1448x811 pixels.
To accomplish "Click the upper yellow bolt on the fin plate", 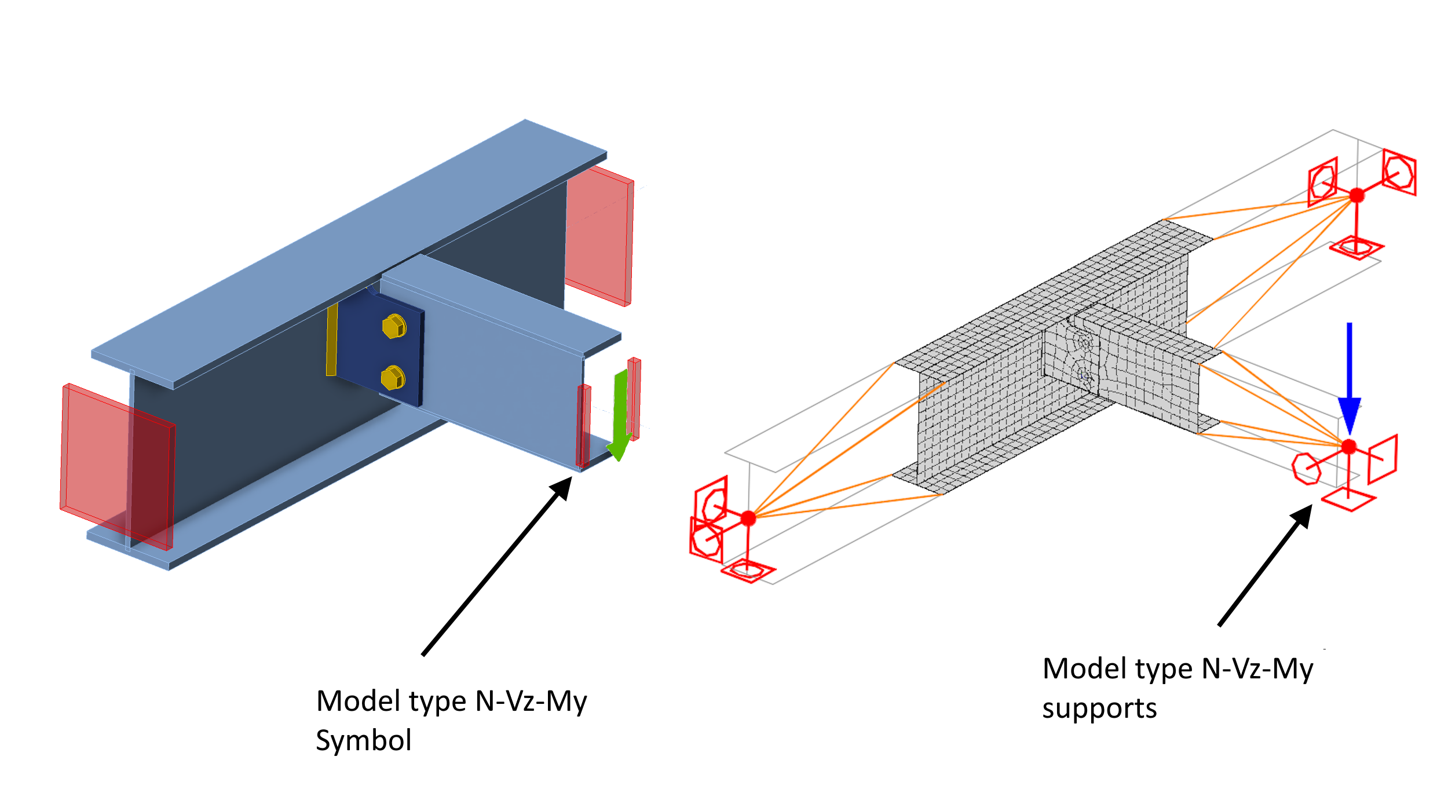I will tap(394, 327).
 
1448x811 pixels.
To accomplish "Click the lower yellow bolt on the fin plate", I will tap(393, 378).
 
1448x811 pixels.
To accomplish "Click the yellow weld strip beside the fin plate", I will tap(332, 340).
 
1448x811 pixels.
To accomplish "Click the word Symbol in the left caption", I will tap(364, 740).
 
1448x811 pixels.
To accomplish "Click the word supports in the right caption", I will tap(1099, 708).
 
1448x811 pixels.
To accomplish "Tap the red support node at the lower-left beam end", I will tap(748, 518).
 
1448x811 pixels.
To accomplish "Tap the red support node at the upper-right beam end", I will tap(1356, 195).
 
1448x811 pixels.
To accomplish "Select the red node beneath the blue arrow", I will tap(1349, 447).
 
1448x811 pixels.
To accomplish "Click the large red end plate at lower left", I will tap(116, 463).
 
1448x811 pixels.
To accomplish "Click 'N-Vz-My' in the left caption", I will tap(531, 702).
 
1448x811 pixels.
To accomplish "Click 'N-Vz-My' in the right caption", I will tap(1257, 669).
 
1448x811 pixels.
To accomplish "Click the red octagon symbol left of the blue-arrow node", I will tap(1307, 469).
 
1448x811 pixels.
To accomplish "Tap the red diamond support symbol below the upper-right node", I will tap(1356, 249).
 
